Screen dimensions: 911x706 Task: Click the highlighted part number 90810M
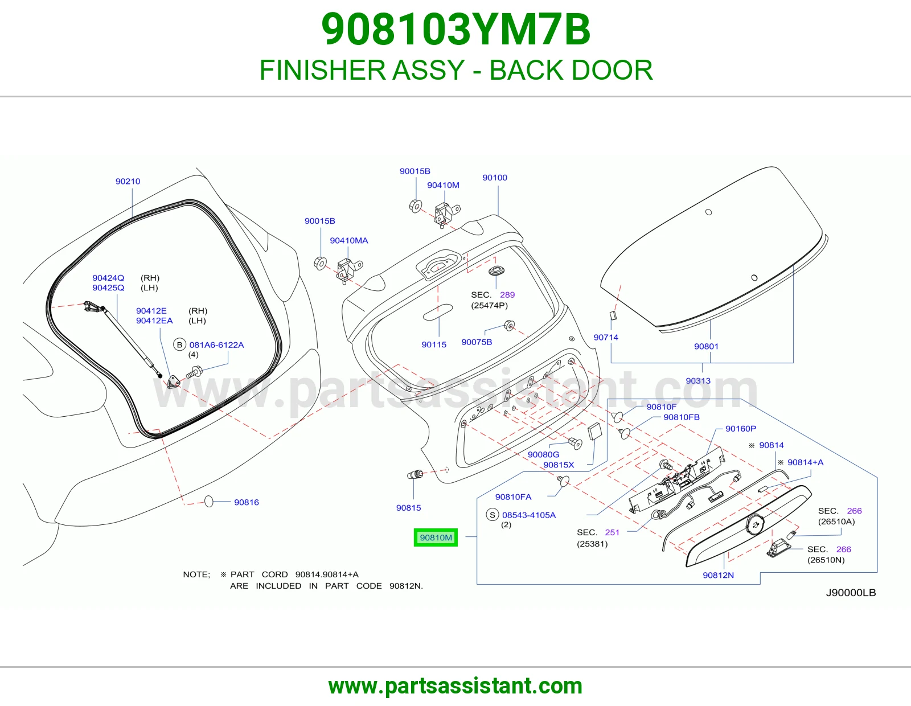coord(436,537)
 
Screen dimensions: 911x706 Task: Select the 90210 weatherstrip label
coord(128,181)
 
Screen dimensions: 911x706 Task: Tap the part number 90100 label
coord(495,177)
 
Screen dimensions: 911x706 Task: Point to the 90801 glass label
coord(706,346)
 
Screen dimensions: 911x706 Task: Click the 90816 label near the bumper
coord(247,502)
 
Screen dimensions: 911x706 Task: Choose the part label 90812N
coord(718,575)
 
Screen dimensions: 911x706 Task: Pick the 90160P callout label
coord(741,429)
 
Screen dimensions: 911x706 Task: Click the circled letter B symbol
coord(179,344)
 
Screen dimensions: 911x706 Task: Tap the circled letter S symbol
coord(492,515)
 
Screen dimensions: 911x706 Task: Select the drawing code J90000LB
coord(851,592)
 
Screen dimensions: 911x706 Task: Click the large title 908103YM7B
coord(455,30)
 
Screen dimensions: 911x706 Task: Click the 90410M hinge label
coord(443,185)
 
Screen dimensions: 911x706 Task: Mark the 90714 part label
coord(606,337)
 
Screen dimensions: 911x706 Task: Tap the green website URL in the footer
coord(455,686)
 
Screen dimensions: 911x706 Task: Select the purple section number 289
coord(507,295)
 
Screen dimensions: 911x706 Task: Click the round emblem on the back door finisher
coord(754,524)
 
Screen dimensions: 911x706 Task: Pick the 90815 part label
coord(408,508)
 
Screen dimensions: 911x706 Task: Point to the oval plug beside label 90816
coord(209,501)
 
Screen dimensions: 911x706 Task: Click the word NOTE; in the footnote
coord(196,574)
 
